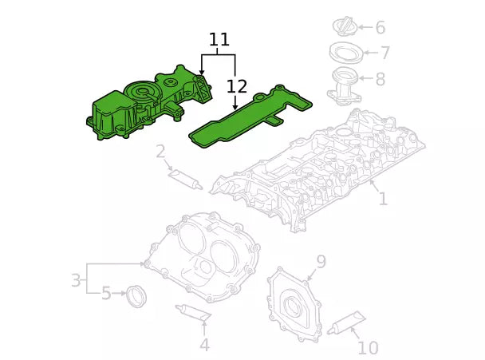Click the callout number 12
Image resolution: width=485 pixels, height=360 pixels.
click(236, 86)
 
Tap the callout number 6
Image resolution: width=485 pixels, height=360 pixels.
click(380, 28)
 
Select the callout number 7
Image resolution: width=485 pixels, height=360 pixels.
click(384, 53)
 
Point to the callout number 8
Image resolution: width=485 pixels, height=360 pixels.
click(380, 79)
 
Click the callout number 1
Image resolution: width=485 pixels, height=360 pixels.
click(383, 198)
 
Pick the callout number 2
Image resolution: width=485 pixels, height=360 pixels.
click(160, 152)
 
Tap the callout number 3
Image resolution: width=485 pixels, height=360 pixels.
click(76, 281)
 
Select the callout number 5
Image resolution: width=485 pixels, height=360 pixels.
click(106, 294)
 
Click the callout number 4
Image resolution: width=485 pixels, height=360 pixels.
click(204, 345)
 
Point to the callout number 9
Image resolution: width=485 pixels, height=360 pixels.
click(321, 262)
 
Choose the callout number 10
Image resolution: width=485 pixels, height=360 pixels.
click(368, 348)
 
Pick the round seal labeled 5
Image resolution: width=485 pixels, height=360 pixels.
click(137, 295)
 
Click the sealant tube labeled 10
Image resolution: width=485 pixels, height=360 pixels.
click(345, 323)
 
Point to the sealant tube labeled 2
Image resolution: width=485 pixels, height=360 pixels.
click(184, 179)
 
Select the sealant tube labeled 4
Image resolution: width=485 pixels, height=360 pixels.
click(191, 312)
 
